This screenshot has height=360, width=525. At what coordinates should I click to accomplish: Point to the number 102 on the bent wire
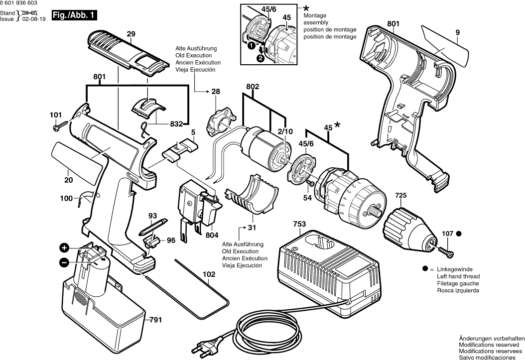[x=209, y=274]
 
